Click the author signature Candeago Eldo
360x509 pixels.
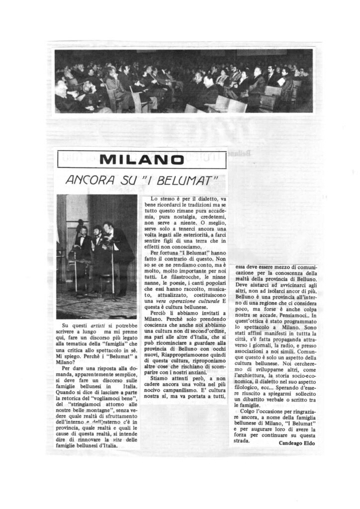point(297,443)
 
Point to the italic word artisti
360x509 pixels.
point(99,325)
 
